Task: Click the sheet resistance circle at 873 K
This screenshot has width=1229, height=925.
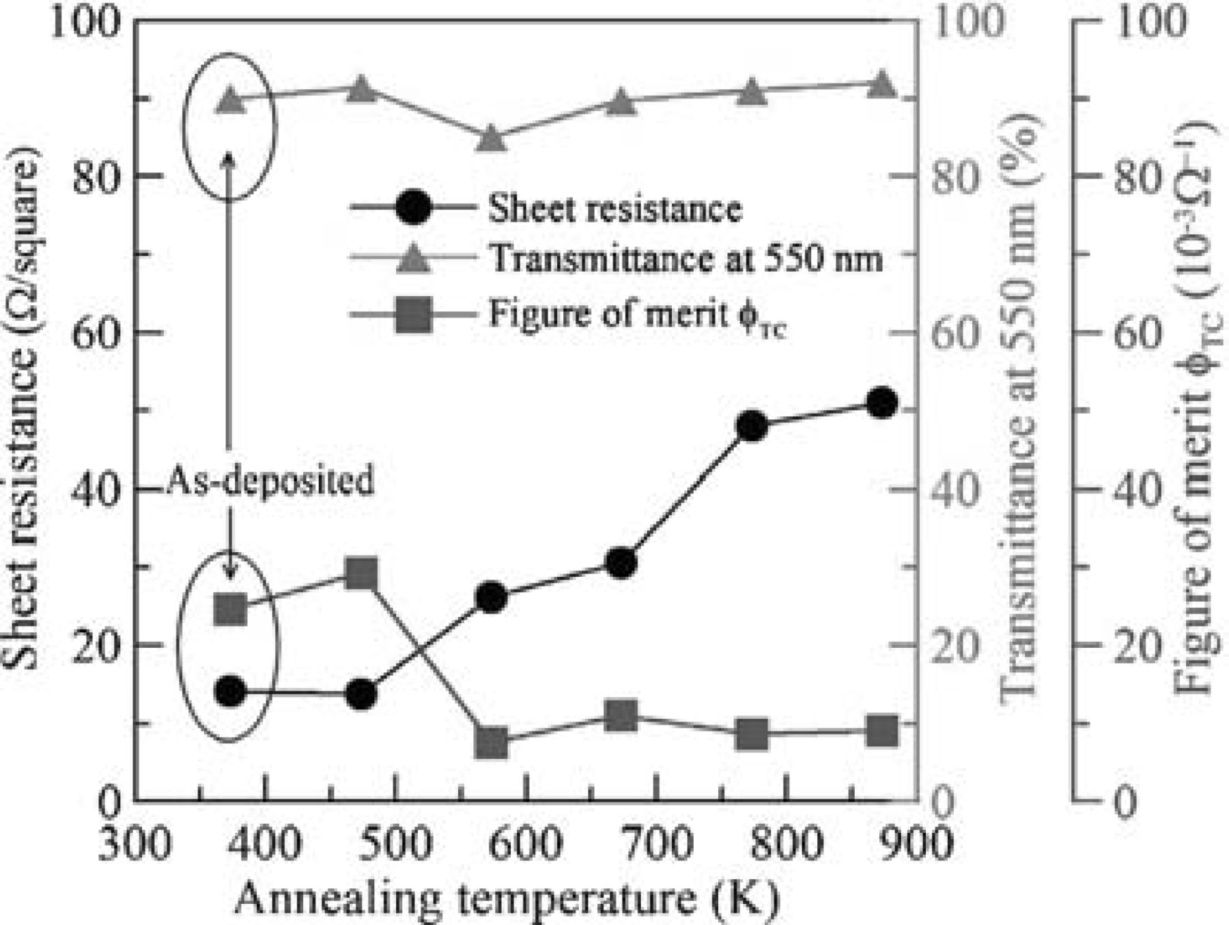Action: (x=881, y=403)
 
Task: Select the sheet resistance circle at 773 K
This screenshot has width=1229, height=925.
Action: (x=752, y=427)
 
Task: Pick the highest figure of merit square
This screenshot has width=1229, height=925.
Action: (x=361, y=574)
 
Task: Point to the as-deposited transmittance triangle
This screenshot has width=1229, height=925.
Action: (x=230, y=101)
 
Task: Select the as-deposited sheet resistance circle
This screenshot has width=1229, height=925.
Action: (x=230, y=692)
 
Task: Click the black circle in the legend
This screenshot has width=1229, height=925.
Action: (x=414, y=208)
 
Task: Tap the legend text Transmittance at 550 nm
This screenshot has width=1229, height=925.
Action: (x=686, y=259)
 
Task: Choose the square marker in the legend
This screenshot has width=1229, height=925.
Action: (x=414, y=315)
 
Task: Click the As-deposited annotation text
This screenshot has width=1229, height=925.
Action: (x=270, y=481)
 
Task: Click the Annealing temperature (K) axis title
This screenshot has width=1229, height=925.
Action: (x=507, y=898)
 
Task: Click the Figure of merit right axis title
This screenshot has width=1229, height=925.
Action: (x=1193, y=410)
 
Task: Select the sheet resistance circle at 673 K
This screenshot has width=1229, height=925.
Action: (x=621, y=563)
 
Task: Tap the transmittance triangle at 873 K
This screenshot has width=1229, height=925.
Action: (x=881, y=85)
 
